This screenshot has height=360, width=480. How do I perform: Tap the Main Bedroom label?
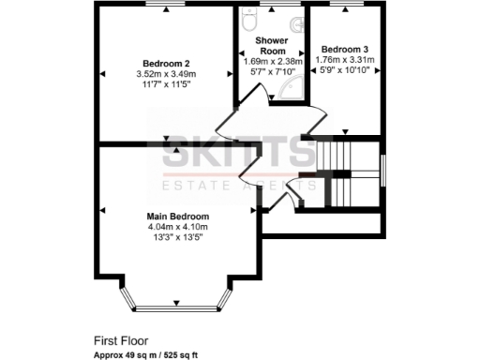pyautogui.click(x=176, y=217)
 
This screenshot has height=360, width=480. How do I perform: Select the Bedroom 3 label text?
pyautogui.click(x=345, y=49)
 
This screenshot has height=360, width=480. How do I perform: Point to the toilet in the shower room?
pyautogui.click(x=249, y=18)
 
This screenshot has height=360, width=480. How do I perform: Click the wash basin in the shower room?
pyautogui.click(x=296, y=25)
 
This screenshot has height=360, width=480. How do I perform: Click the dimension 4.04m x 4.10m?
pyautogui.click(x=177, y=227)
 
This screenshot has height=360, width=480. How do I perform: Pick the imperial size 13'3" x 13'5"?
pyautogui.click(x=176, y=237)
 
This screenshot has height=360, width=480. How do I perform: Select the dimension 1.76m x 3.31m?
pyautogui.click(x=346, y=59)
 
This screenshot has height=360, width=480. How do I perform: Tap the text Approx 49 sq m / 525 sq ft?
pyautogui.click(x=150, y=355)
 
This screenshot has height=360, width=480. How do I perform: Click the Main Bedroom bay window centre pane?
pyautogui.click(x=176, y=306)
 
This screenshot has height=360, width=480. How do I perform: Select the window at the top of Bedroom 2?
pyautogui.click(x=166, y=7)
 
